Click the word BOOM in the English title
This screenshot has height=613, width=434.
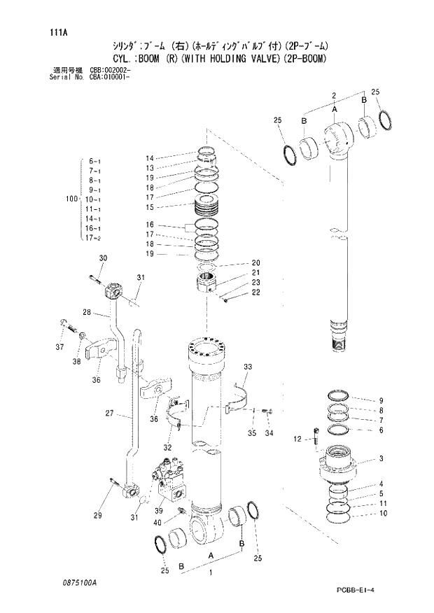click(149, 59)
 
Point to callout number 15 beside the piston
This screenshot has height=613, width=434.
click(149, 207)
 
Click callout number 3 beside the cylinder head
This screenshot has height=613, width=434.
click(380, 459)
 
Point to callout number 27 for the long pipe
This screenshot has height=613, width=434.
click(109, 414)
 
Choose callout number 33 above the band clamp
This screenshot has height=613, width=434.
click(247, 367)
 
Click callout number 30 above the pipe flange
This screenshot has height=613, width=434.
click(103, 259)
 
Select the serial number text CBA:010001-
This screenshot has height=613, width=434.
click(108, 76)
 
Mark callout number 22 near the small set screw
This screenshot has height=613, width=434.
click(255, 292)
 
